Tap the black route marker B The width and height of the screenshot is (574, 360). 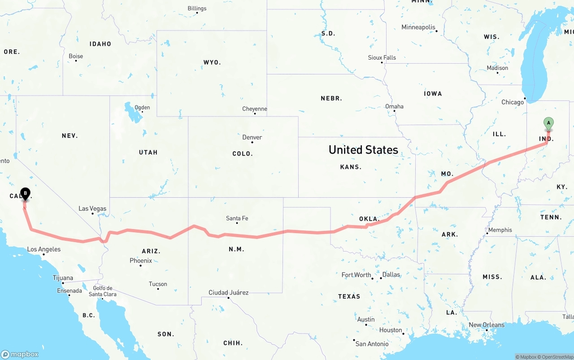[x=26, y=194]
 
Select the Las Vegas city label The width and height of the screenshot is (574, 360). [x=92, y=208]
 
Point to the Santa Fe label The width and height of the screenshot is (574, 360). [x=237, y=218]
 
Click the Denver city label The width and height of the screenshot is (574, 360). [x=252, y=137]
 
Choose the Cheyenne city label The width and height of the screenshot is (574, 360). [x=254, y=109]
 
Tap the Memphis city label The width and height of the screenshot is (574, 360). [x=500, y=230]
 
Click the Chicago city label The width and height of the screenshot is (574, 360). [x=513, y=102]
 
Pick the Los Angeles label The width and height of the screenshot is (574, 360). [x=43, y=249]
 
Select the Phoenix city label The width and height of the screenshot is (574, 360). [x=141, y=260]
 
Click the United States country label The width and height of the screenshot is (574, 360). [x=363, y=150]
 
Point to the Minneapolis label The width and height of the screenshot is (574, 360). [x=418, y=27]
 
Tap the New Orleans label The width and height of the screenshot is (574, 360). [x=487, y=325]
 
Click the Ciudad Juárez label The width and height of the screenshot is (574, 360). [x=228, y=292]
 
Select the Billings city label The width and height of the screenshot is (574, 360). [x=197, y=9]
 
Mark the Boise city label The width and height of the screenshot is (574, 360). [x=76, y=56]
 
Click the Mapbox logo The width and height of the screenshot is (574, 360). [x=20, y=354]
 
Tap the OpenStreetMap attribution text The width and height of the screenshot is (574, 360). [x=556, y=357]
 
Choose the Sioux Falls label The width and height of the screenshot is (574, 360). [x=382, y=57]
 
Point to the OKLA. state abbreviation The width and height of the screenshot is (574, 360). [x=369, y=219]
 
